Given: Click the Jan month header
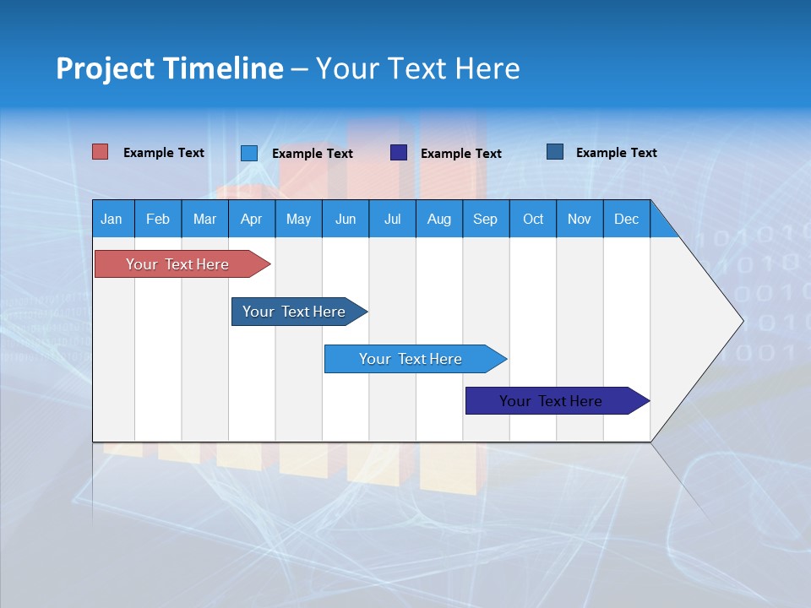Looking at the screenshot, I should pyautogui.click(x=112, y=219).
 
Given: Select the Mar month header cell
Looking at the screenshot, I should pyautogui.click(x=204, y=219).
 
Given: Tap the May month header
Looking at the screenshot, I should pyautogui.click(x=298, y=219).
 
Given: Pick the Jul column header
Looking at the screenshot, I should pyautogui.click(x=392, y=219).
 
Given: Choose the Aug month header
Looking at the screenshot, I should pyautogui.click(x=438, y=219).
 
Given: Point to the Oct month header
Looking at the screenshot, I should pyautogui.click(x=533, y=219).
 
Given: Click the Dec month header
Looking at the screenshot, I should pyautogui.click(x=626, y=219).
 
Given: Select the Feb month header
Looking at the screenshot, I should pyautogui.click(x=158, y=219).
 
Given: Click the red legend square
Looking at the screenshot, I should pyautogui.click(x=101, y=152).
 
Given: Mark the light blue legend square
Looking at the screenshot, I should pyautogui.click(x=249, y=153).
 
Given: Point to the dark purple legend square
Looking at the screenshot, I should pyautogui.click(x=399, y=153).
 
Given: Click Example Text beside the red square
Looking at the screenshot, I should pyautogui.click(x=164, y=153).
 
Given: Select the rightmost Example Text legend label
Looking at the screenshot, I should pyautogui.click(x=616, y=153).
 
